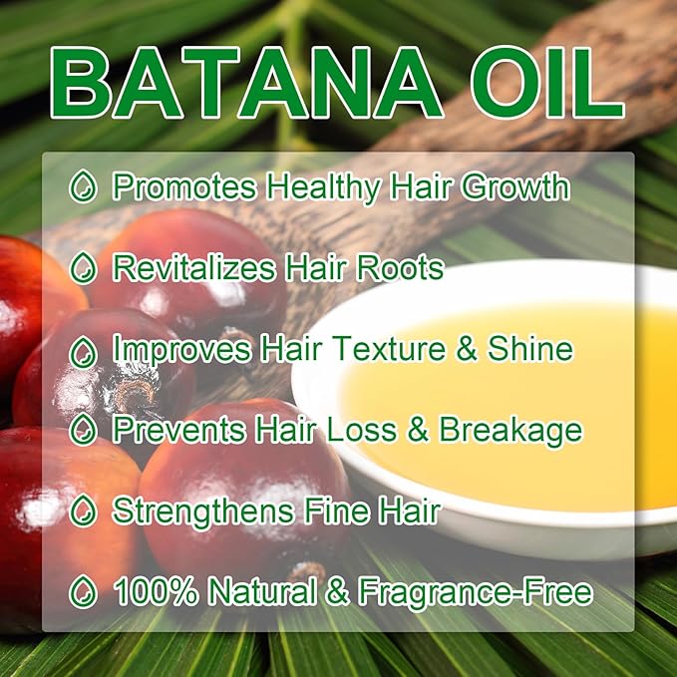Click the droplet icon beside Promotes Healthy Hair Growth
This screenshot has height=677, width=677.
pyautogui.click(x=86, y=186)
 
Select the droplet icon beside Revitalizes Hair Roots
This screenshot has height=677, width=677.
pyautogui.click(x=86, y=268)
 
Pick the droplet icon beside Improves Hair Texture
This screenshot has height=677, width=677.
pyautogui.click(x=86, y=350)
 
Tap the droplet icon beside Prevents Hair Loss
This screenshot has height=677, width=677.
pyautogui.click(x=86, y=431)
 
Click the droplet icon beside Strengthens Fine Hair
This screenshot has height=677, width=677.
pyautogui.click(x=86, y=512)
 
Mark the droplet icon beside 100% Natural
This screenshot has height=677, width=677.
pyautogui.click(x=86, y=594)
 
